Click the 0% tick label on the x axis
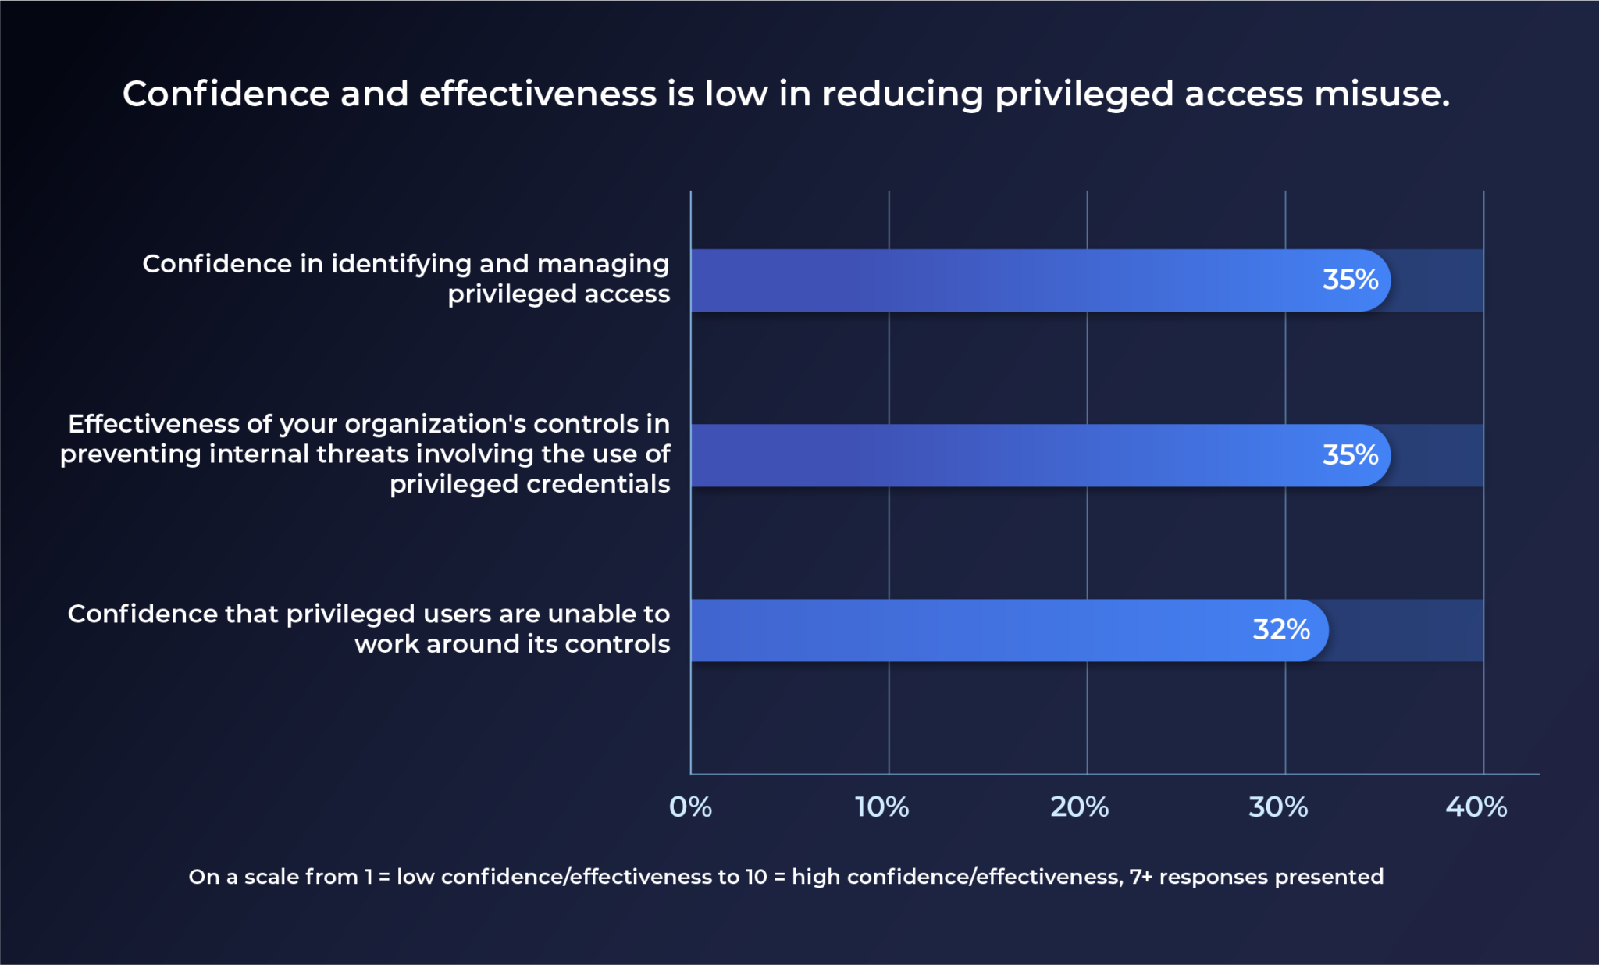tap(690, 807)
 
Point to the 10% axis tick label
tap(881, 807)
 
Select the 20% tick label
tap(1079, 807)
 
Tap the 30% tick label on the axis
tap(1278, 807)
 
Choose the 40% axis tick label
tap(1476, 807)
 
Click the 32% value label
tap(1280, 629)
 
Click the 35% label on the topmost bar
tap(1350, 280)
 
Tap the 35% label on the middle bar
tap(1350, 454)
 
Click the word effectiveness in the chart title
tap(538, 94)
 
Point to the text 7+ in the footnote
tap(1141, 877)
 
